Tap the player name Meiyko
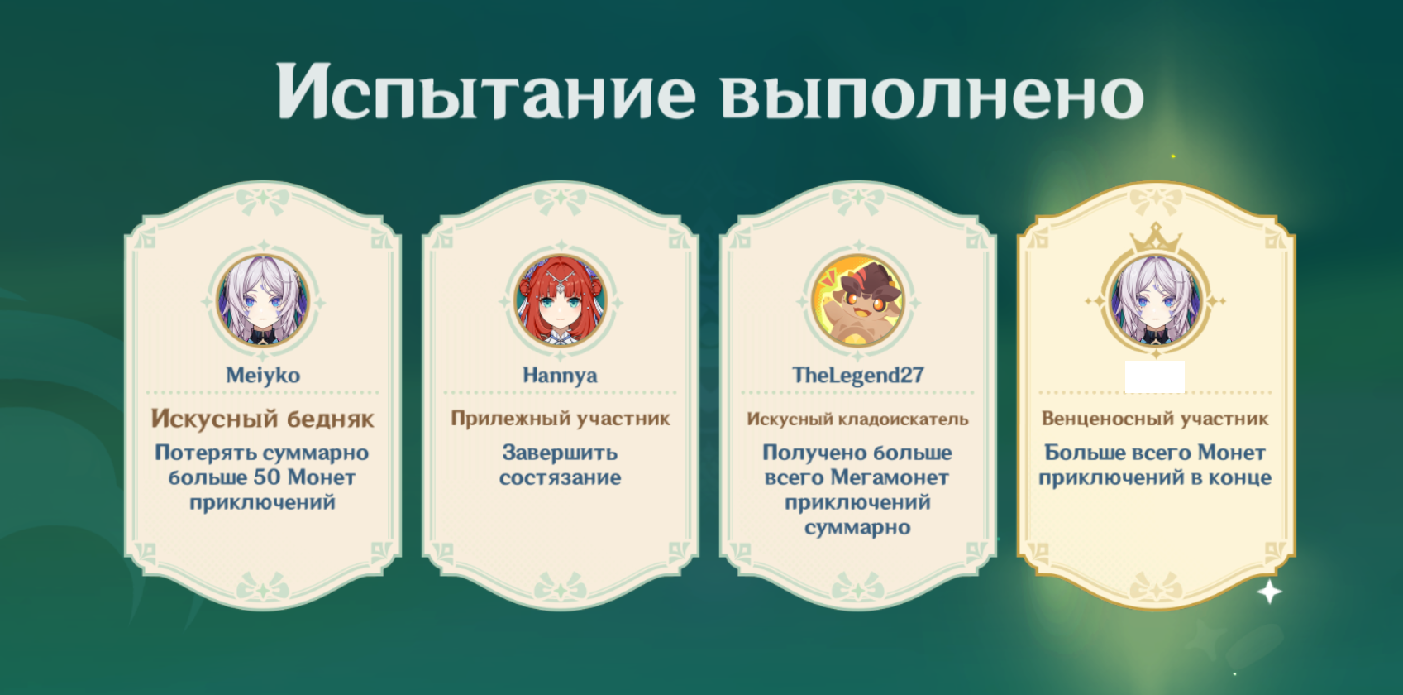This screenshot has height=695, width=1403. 263,376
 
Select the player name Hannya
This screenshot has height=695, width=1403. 560,376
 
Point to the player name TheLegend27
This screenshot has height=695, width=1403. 857,375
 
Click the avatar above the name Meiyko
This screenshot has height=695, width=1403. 263,301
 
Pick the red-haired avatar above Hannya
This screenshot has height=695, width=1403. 561,301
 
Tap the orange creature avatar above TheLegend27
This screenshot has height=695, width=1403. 858,301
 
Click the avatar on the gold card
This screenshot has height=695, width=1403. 1156,301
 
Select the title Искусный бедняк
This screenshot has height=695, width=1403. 262,419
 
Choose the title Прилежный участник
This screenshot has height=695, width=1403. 560,419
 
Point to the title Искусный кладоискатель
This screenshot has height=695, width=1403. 857,419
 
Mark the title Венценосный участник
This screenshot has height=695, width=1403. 1155,419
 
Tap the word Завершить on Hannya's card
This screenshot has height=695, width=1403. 560,453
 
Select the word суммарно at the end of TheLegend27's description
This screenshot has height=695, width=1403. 857,528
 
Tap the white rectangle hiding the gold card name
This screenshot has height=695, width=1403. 1154,376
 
